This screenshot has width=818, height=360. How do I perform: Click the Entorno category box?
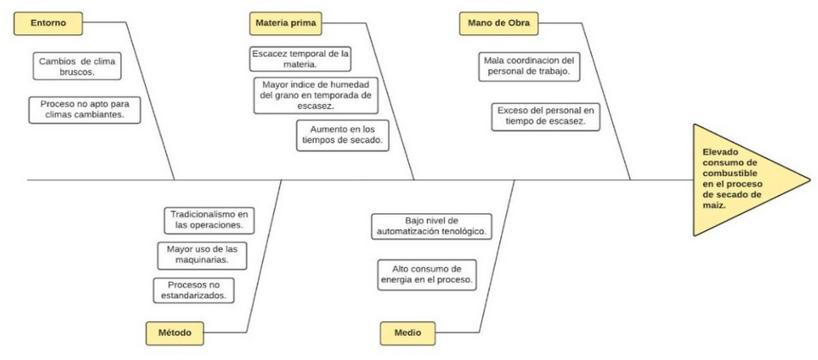[x=48, y=23]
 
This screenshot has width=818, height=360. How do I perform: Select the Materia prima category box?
[x=285, y=23]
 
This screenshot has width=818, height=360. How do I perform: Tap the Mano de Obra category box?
[x=498, y=23]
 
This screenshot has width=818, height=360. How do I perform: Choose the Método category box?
[x=174, y=333]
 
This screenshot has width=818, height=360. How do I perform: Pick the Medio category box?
[x=407, y=333]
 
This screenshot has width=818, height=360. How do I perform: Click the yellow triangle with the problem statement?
[x=741, y=180]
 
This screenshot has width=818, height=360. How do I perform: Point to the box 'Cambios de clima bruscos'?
[x=77, y=66]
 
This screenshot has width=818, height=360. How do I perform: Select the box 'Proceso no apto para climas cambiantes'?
[x=84, y=110]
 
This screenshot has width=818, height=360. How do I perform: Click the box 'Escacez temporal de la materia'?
[x=300, y=59]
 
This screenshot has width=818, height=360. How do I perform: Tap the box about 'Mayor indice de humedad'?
[x=315, y=95]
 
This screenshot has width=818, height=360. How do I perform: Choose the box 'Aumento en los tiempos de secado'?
[x=343, y=135]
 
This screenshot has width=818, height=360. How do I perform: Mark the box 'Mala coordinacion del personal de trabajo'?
[x=529, y=66]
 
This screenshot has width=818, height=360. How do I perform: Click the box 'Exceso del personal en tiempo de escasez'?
[x=546, y=116]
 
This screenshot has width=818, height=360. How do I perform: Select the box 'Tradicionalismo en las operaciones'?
[x=209, y=220]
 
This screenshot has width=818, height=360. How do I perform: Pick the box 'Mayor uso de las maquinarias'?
[x=202, y=255]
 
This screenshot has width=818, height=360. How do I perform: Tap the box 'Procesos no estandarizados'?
[x=193, y=290]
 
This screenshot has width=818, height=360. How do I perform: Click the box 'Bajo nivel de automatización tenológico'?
[x=432, y=226]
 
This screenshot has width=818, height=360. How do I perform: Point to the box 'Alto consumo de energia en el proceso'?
[x=427, y=275]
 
